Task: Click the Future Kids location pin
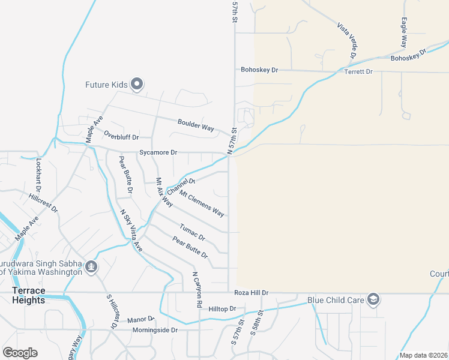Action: (137, 85)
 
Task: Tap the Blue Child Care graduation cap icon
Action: (373, 299)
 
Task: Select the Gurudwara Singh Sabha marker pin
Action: (91, 266)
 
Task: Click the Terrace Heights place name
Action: (29, 295)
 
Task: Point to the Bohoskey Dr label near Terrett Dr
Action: (259, 70)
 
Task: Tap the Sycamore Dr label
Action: (158, 153)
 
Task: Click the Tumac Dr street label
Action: (193, 233)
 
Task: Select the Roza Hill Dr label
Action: (251, 293)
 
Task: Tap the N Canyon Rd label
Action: (196, 290)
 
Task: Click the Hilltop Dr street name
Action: (223, 308)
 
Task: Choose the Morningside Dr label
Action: (155, 330)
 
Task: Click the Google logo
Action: (20, 353)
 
